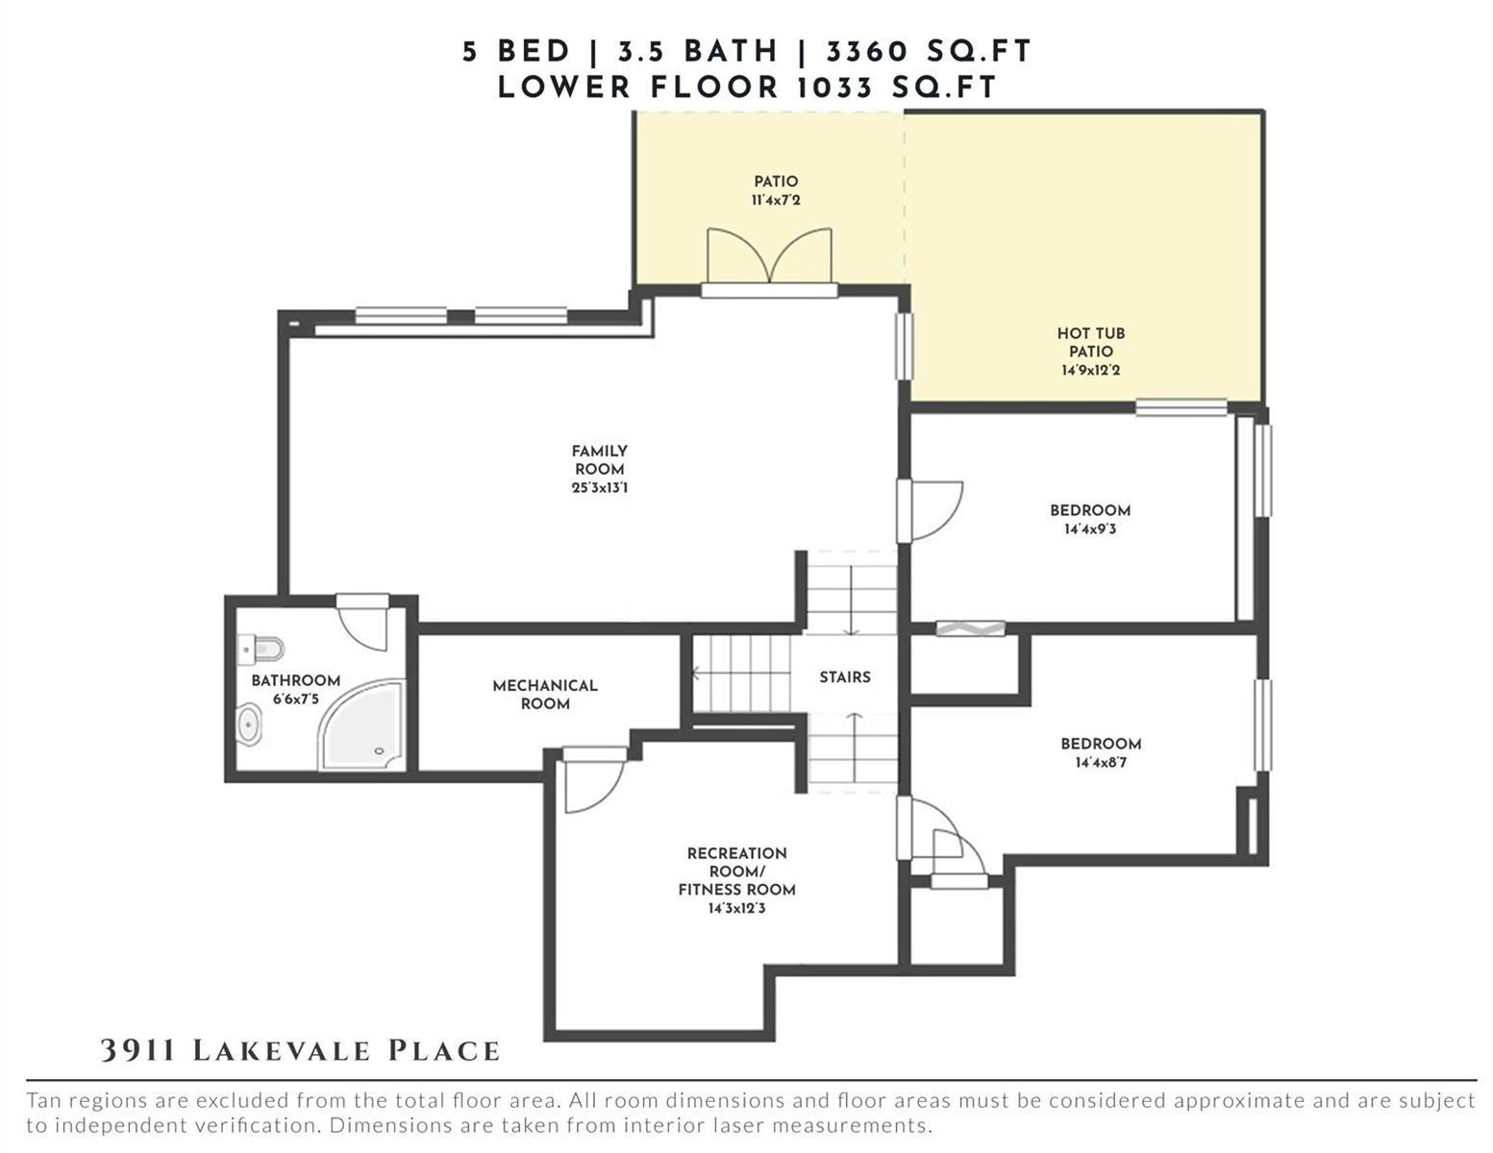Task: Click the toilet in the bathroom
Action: [261, 649]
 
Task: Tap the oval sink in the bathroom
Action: [249, 724]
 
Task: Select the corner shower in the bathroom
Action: [361, 724]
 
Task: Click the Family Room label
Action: [599, 460]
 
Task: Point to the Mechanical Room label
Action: [545, 695]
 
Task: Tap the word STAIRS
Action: [845, 677]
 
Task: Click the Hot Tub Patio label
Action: [1091, 342]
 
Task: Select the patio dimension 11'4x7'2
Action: [776, 201]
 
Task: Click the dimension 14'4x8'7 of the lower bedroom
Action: [1101, 762]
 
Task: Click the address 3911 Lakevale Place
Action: [300, 1051]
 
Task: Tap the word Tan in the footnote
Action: [42, 1101]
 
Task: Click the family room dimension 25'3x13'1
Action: [600, 488]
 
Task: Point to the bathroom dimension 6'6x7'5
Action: [295, 699]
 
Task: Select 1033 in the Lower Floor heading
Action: [834, 87]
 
